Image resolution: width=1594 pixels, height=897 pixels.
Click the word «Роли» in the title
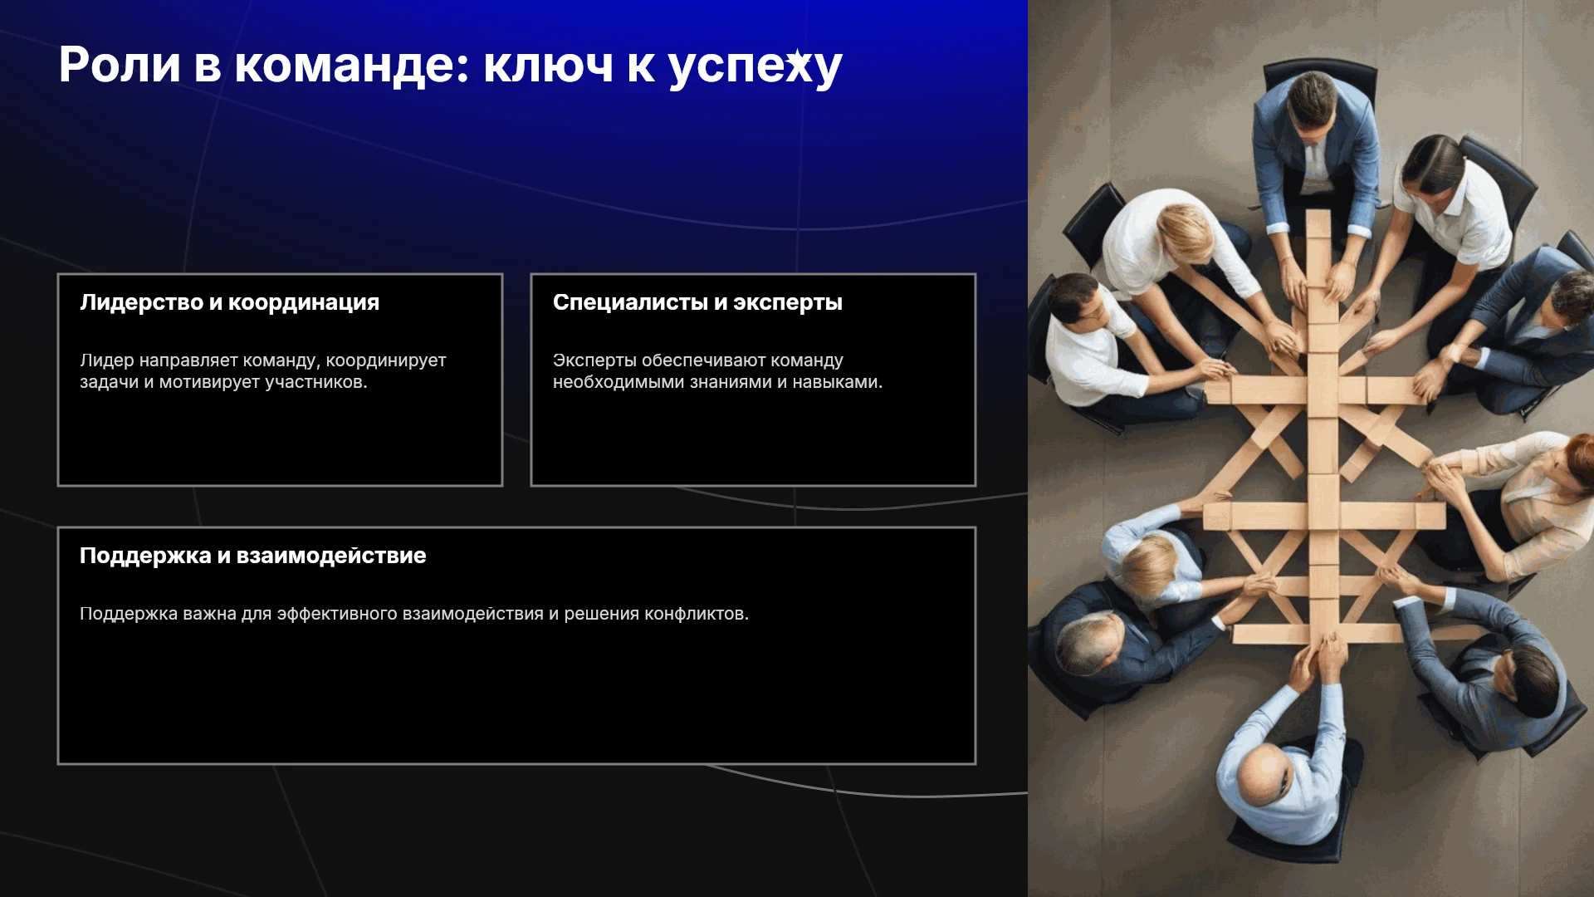click(120, 65)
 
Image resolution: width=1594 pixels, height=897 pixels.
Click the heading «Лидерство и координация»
click(230, 302)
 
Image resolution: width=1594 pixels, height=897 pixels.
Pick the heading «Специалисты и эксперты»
click(697, 302)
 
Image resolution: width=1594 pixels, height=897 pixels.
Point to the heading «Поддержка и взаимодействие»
click(253, 556)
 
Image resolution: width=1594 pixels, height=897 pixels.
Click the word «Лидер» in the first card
click(107, 360)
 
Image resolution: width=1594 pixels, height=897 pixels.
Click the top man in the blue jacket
click(1314, 149)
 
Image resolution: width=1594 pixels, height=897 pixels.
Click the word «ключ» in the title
click(549, 66)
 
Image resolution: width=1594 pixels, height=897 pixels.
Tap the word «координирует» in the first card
click(386, 361)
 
